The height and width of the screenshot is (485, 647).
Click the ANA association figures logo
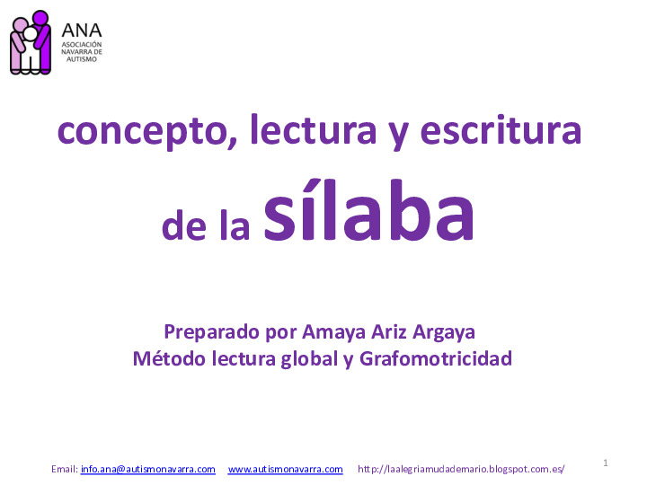(x=30, y=41)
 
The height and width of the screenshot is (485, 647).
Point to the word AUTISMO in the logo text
(x=82, y=59)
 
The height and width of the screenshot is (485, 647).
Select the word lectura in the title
(x=314, y=132)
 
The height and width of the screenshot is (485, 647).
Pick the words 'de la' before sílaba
(x=206, y=227)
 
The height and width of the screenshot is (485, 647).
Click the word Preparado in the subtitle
(x=212, y=331)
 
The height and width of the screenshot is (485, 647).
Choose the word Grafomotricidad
(x=435, y=358)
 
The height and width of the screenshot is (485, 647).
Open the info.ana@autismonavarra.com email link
(x=147, y=469)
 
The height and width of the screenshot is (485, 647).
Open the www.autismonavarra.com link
(x=285, y=469)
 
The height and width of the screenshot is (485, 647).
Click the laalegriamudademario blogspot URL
(x=461, y=469)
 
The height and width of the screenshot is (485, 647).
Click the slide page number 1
(x=607, y=463)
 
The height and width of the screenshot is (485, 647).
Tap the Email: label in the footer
(x=65, y=469)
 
